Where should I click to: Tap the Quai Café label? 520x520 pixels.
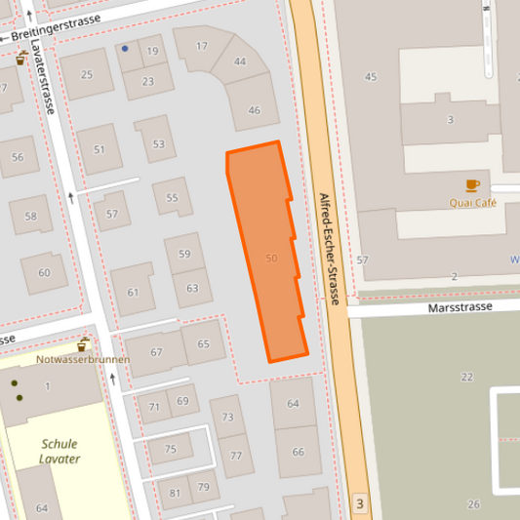pyautogui.click(x=473, y=203)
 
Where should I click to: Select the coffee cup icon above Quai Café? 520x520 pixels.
pyautogui.click(x=473, y=184)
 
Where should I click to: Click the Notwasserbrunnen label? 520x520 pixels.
pyautogui.click(x=85, y=359)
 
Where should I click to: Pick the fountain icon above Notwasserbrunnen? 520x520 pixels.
pyautogui.click(x=84, y=343)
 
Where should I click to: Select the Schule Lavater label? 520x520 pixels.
pyautogui.click(x=60, y=451)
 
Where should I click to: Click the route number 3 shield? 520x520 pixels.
pyautogui.click(x=360, y=504)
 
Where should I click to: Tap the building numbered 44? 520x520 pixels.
pyautogui.click(x=240, y=61)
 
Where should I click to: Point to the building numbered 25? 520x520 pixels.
pyautogui.click(x=87, y=74)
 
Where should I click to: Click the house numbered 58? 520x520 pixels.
pyautogui.click(x=32, y=216)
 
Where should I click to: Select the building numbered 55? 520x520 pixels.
pyautogui.click(x=173, y=198)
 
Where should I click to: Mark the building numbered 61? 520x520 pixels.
pyautogui.click(x=134, y=292)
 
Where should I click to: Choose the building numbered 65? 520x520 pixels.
pyautogui.click(x=203, y=343)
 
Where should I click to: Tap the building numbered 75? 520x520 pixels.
pyautogui.click(x=171, y=449)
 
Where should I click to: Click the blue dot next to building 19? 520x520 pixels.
pyautogui.click(x=126, y=48)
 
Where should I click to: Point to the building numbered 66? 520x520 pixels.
pyautogui.click(x=299, y=452)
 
